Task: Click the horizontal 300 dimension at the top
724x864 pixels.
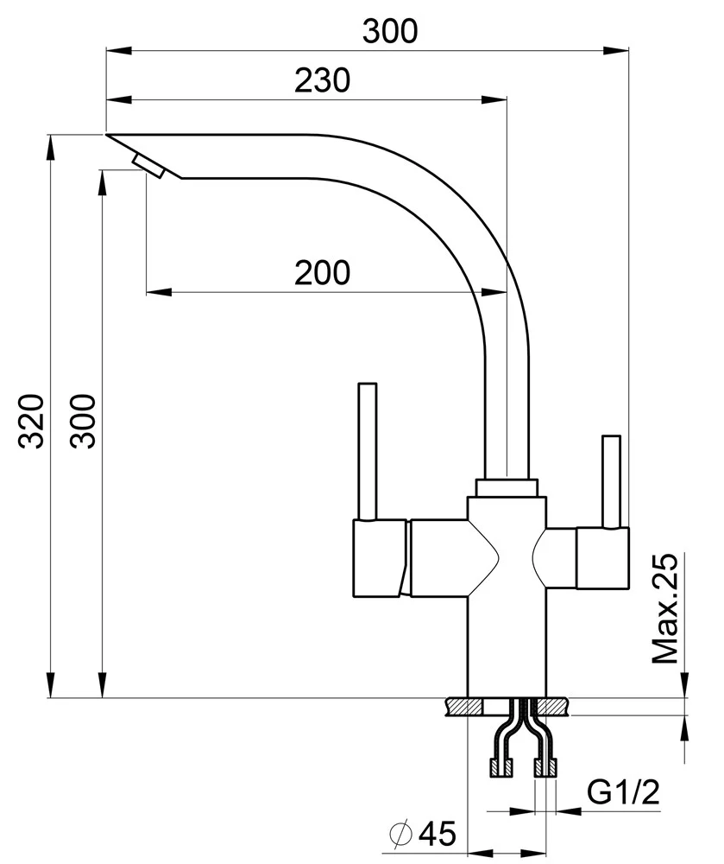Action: [x=389, y=32]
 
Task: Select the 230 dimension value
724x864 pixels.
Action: [x=322, y=81]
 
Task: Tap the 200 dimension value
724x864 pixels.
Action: [x=322, y=273]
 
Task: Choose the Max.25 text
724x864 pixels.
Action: [x=665, y=610]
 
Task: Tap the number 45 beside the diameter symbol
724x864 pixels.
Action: [x=436, y=834]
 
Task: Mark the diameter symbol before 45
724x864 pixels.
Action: [x=400, y=834]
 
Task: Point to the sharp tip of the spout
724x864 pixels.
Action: [x=109, y=136]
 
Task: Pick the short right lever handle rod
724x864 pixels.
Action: [x=611, y=480]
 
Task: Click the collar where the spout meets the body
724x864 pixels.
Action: [x=507, y=486]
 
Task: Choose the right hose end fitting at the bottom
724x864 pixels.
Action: [x=546, y=765]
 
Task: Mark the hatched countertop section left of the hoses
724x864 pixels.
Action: [x=465, y=708]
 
